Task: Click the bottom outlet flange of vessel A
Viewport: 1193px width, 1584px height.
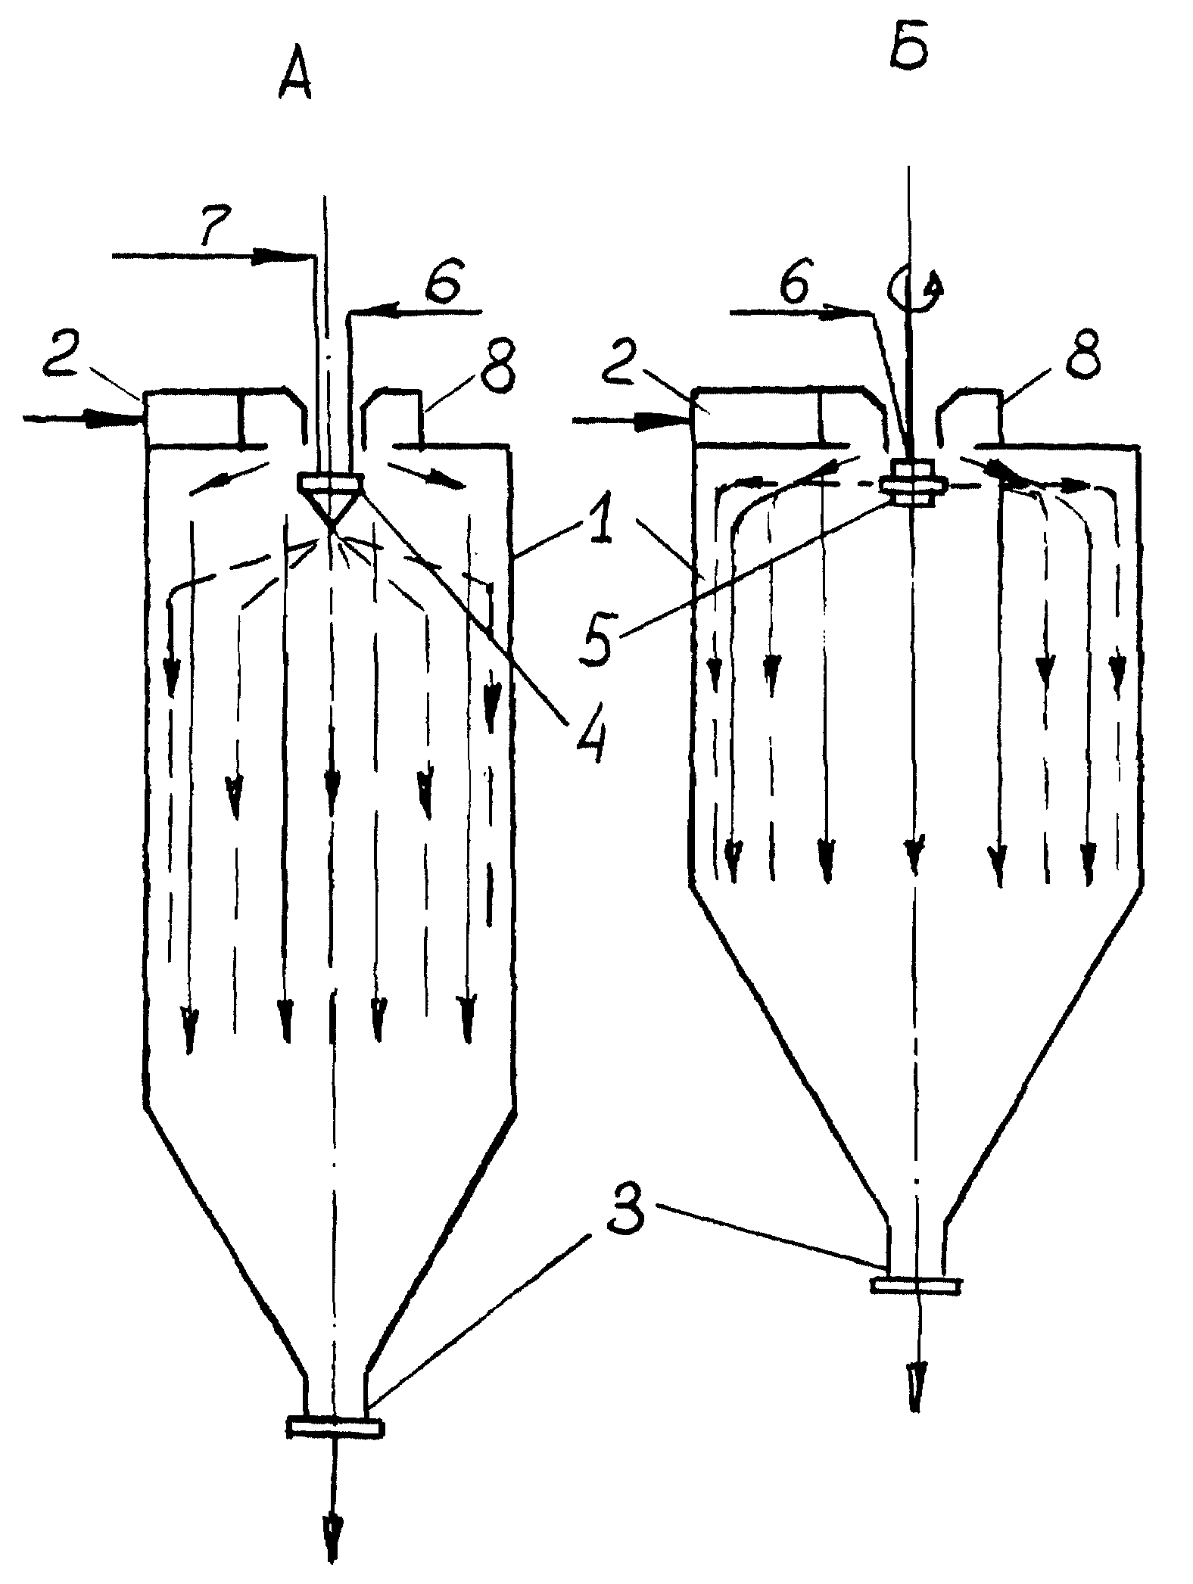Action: [x=335, y=1427]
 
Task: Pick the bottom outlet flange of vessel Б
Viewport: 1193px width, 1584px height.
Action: [x=916, y=1285]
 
